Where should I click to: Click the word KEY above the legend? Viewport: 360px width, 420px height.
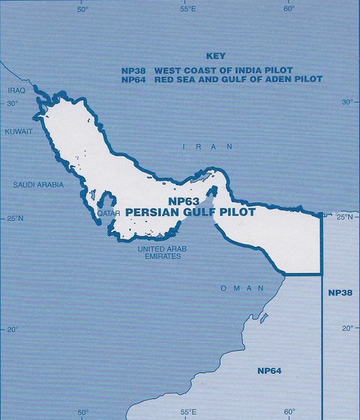tap(215, 55)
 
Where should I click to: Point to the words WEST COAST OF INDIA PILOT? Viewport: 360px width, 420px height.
tap(223, 71)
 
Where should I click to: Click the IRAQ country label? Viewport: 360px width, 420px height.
tap(15, 91)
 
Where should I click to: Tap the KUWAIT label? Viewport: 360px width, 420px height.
tap(18, 132)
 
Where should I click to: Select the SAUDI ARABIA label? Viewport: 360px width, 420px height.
tap(39, 185)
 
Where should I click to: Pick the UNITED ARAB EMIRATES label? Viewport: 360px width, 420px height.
tap(160, 253)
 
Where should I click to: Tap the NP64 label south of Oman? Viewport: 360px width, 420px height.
tap(269, 370)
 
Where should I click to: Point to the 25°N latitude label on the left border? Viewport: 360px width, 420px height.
tap(15, 219)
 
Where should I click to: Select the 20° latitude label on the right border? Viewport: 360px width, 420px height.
tap(346, 328)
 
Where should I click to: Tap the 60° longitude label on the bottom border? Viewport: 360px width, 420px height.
tap(289, 412)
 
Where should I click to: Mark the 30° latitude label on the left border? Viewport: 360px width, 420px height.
tap(13, 104)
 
